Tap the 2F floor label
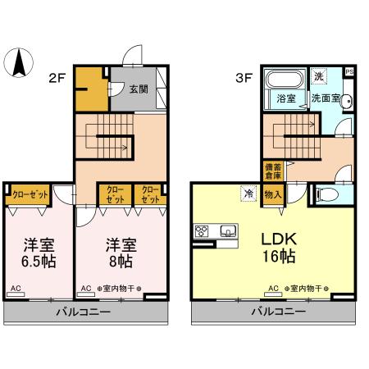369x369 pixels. pyautogui.click(x=56, y=79)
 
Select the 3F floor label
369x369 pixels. pyautogui.click(x=243, y=79)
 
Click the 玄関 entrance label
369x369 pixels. pyautogui.click(x=138, y=89)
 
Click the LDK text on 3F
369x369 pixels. pyautogui.click(x=278, y=239)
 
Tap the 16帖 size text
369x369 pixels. pyautogui.click(x=278, y=257)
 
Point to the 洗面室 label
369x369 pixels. pyautogui.click(x=325, y=98)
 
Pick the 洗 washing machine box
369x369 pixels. pyautogui.click(x=320, y=76)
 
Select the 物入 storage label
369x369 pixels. pyautogui.click(x=273, y=194)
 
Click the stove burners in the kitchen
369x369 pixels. pyautogui.click(x=201, y=230)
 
